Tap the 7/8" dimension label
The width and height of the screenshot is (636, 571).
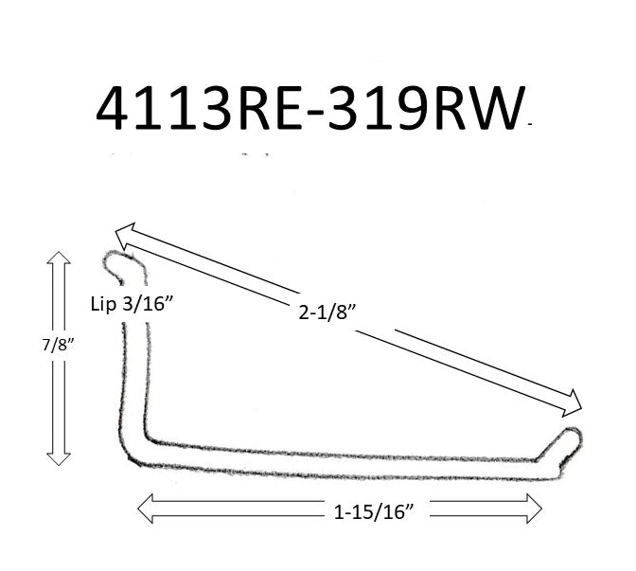(x=23, y=345)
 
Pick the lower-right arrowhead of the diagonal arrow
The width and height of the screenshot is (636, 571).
(x=574, y=407)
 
